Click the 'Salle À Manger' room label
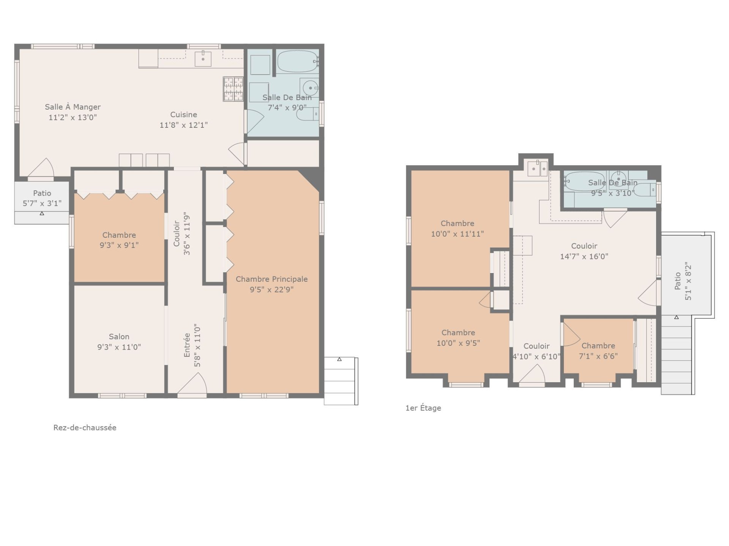click(x=73, y=107)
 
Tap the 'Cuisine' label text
click(x=183, y=115)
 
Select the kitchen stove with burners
click(x=233, y=89)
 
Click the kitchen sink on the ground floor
click(x=203, y=58)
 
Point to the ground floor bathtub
click(x=298, y=61)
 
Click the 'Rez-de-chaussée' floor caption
click(x=85, y=428)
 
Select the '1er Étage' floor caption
click(x=423, y=408)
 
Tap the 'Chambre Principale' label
click(x=271, y=279)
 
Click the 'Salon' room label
click(x=119, y=337)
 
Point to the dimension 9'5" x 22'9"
click(x=271, y=290)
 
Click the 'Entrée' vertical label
click(x=187, y=345)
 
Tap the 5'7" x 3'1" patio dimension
click(x=42, y=204)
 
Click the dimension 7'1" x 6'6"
click(x=598, y=356)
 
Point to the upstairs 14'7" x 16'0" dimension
click(x=584, y=256)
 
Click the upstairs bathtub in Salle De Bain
click(x=585, y=182)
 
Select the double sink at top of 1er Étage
click(x=538, y=169)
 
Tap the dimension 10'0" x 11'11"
click(x=457, y=234)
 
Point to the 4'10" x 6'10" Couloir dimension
click(x=536, y=357)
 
